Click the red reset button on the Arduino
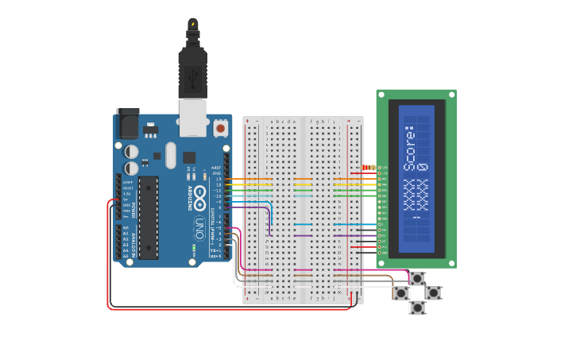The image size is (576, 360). pyautogui.click(x=220, y=127)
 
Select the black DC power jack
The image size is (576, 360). pyautogui.click(x=127, y=123)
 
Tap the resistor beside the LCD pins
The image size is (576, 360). pyautogui.click(x=368, y=168)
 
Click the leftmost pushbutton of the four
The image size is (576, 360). pyautogui.click(x=401, y=293)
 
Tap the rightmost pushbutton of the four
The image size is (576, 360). pyautogui.click(x=433, y=292)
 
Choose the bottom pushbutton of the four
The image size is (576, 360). pyautogui.click(x=417, y=308)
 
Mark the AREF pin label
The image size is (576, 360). pyautogui.click(x=215, y=168)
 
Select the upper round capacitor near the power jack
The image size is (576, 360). pyautogui.click(x=132, y=150)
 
